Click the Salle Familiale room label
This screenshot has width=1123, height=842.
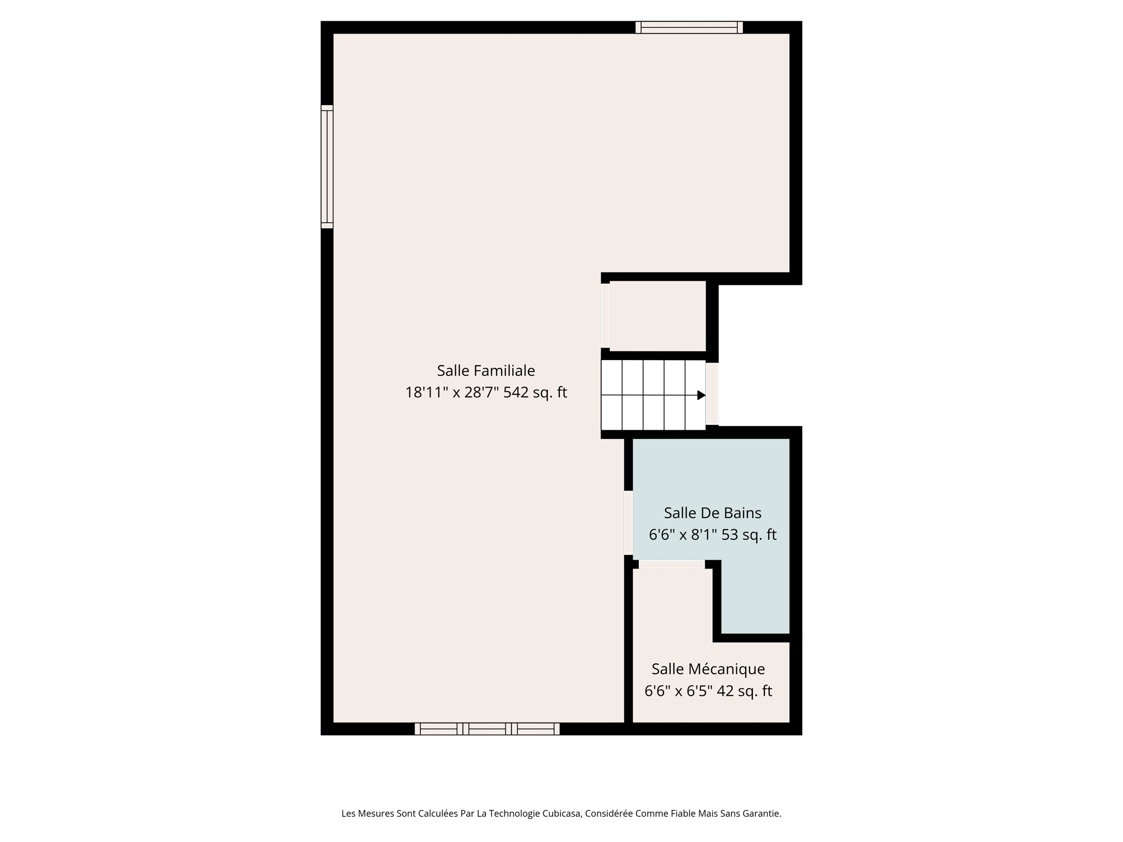tap(486, 371)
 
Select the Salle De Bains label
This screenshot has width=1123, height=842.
tap(712, 513)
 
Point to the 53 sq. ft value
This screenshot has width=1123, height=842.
tap(748, 535)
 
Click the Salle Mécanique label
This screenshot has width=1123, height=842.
tap(708, 669)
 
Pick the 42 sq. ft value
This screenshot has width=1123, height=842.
tap(744, 692)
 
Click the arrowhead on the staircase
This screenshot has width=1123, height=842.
tap(701, 395)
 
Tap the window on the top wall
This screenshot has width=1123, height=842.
tap(689, 27)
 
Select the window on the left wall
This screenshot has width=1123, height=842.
tap(327, 167)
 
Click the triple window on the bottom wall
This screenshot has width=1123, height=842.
tap(487, 729)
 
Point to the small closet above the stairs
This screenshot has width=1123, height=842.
tap(657, 316)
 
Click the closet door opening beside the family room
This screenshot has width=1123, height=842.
tap(605, 316)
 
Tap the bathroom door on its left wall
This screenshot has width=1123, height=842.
tap(628, 523)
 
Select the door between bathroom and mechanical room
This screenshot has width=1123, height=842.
tap(672, 565)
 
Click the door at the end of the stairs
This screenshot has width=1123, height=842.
tap(712, 394)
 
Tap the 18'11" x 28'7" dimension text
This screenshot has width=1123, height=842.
tap(451, 393)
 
